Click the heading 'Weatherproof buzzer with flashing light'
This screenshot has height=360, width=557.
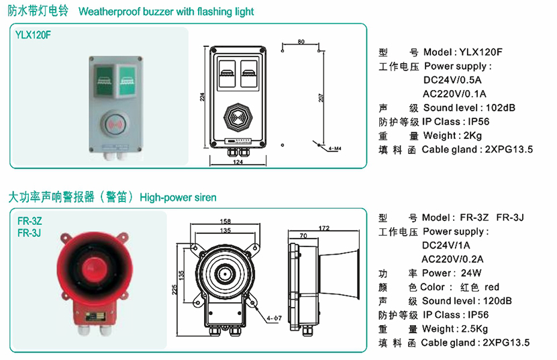click(x=166, y=12)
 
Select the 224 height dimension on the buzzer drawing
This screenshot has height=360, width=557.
click(x=201, y=97)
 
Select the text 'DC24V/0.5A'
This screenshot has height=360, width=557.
click(x=453, y=79)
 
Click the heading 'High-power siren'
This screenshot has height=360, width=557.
click(x=178, y=197)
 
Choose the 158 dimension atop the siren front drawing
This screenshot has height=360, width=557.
click(x=225, y=221)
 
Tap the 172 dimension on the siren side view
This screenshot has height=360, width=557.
click(x=324, y=228)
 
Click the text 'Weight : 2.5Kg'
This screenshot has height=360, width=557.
click(x=459, y=328)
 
